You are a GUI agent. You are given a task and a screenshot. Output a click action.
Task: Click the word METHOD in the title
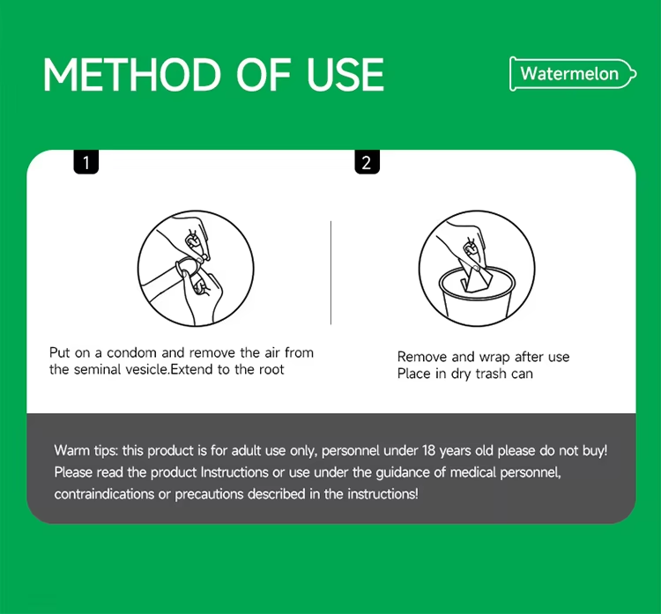(x=131, y=75)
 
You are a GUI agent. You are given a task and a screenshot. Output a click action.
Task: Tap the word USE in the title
(x=345, y=75)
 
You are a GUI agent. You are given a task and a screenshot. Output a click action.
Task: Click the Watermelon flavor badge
(x=573, y=74)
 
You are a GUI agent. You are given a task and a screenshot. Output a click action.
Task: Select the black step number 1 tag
(x=86, y=162)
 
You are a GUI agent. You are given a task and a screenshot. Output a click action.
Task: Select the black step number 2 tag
(x=367, y=162)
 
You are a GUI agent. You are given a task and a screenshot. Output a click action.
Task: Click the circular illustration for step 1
(x=196, y=269)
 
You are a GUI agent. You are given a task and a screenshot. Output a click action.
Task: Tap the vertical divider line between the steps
(x=330, y=273)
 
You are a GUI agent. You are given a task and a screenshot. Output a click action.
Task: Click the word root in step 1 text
(x=271, y=370)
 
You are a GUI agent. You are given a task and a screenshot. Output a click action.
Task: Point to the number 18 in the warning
(x=428, y=450)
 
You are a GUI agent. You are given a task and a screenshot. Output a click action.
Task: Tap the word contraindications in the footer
(x=104, y=493)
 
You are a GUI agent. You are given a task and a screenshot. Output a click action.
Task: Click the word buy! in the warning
(x=595, y=450)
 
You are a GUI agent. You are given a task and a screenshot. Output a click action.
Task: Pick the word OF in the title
(x=264, y=75)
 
